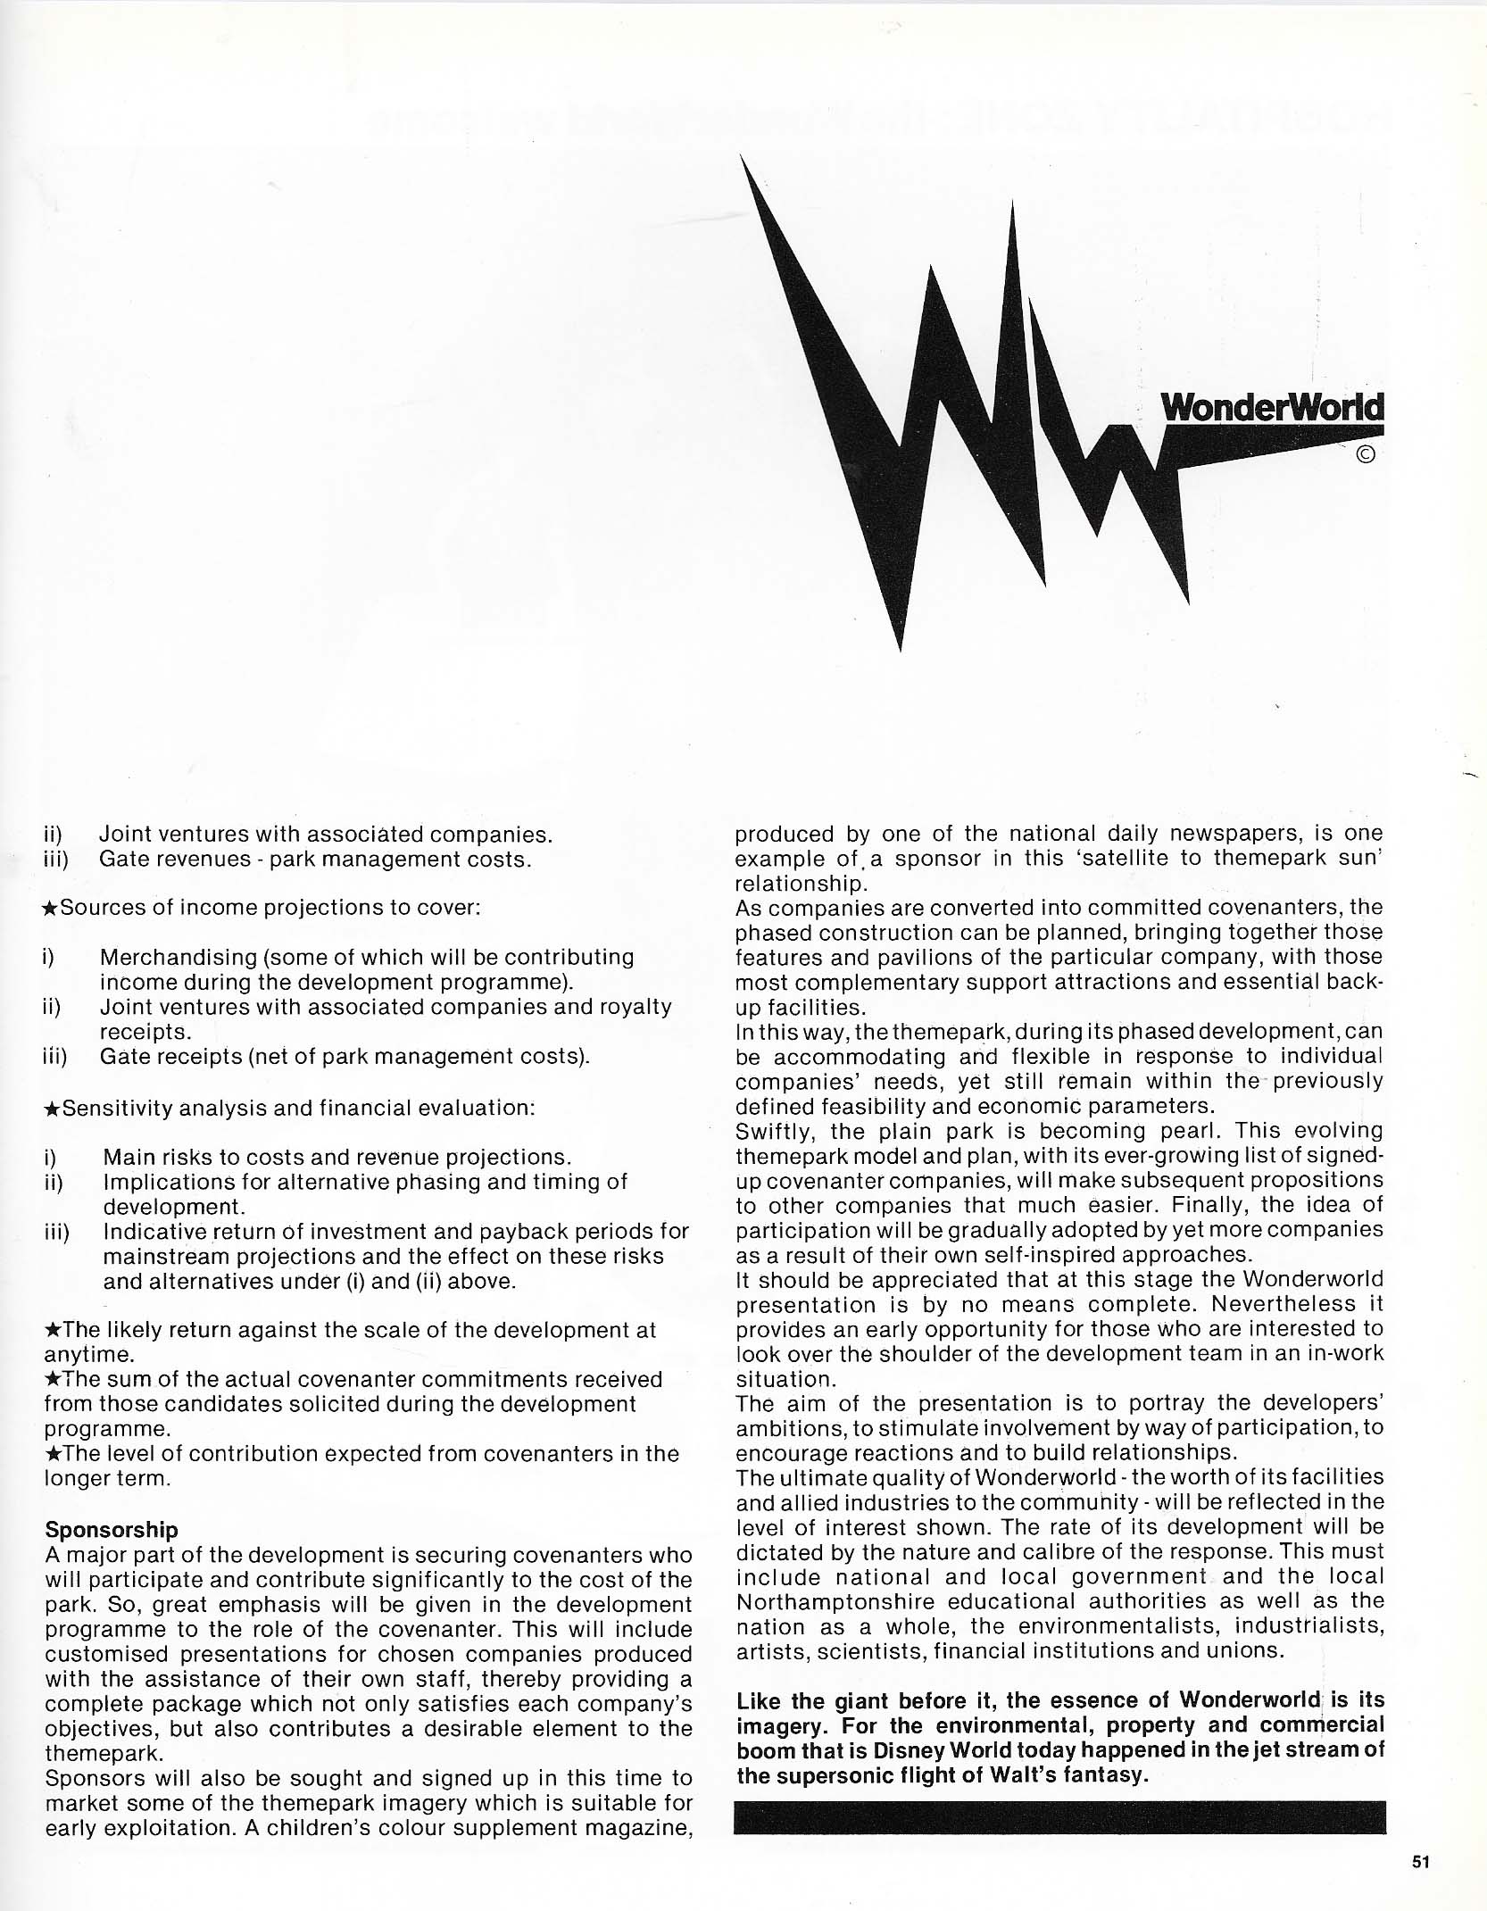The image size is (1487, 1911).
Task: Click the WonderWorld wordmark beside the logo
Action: [1272, 408]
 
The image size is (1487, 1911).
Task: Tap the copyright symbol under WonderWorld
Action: [1365, 454]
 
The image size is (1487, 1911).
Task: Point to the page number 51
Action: [1422, 1862]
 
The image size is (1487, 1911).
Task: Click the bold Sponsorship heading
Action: [112, 1530]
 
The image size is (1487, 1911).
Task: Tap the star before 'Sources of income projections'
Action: [51, 909]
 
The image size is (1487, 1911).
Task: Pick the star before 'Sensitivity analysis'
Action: [51, 1109]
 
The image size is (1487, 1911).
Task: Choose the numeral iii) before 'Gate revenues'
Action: [56, 860]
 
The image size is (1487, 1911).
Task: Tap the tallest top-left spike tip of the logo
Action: [743, 159]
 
